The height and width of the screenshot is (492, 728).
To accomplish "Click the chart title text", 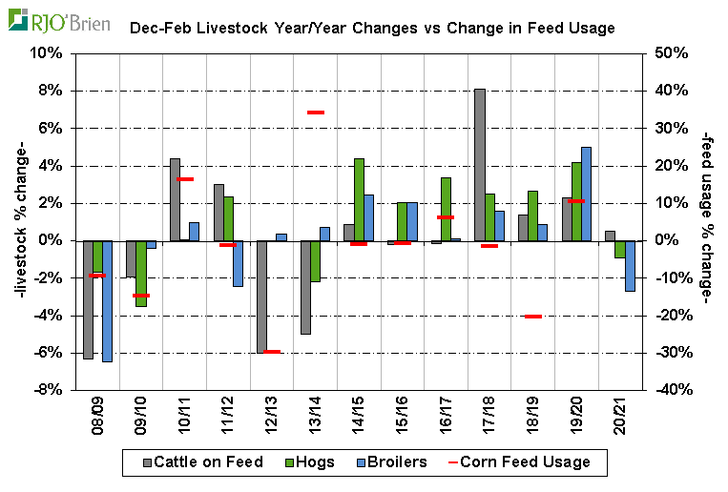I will (x=372, y=29).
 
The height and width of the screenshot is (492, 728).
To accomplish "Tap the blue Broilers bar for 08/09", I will (x=107, y=301).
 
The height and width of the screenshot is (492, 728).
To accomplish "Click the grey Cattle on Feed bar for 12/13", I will (x=260, y=297).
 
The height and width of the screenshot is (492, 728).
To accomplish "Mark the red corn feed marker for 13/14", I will (x=316, y=113).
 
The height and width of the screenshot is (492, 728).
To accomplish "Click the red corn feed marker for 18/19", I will (x=532, y=316).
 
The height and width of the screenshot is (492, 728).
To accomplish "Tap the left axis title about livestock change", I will (x=20, y=221).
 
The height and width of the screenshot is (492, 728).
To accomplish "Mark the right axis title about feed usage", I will (x=707, y=221).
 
